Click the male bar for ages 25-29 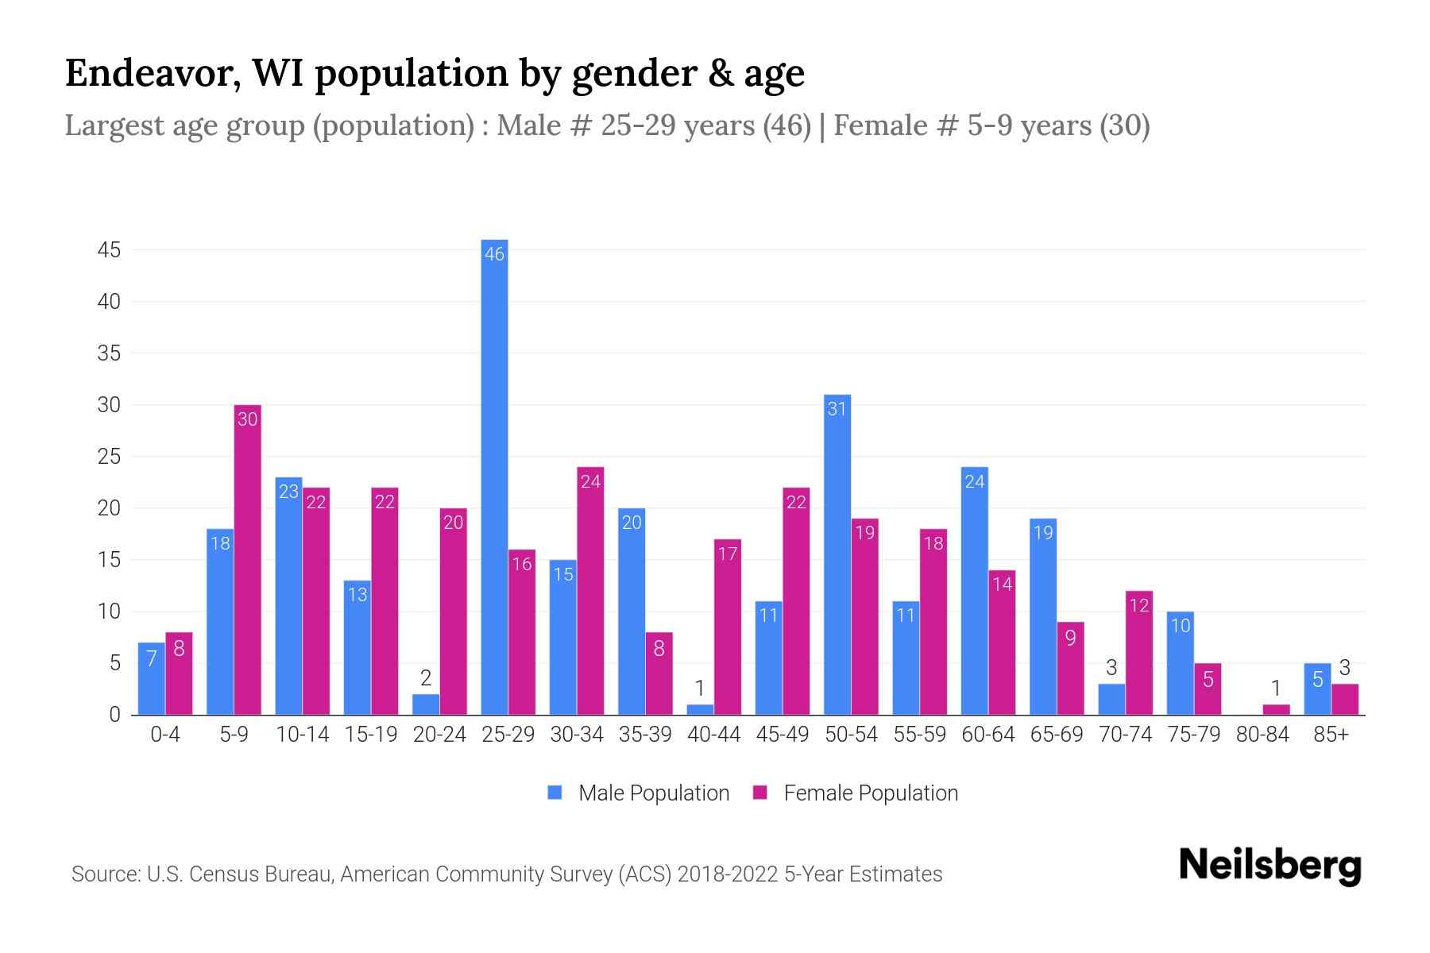click(x=494, y=476)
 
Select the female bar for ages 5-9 click(x=248, y=560)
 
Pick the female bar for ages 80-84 click(x=1276, y=709)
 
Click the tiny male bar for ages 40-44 click(x=700, y=709)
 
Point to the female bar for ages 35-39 click(x=659, y=673)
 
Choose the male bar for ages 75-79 click(x=1180, y=663)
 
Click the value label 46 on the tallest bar click(x=494, y=254)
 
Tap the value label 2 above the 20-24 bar click(x=426, y=678)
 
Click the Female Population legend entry click(x=856, y=793)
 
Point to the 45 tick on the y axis click(x=109, y=250)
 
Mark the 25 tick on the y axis click(x=109, y=457)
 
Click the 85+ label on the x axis click(x=1331, y=735)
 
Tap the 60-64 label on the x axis click(x=988, y=735)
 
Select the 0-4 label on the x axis click(x=165, y=735)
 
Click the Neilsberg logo click(x=1270, y=866)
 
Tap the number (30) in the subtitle click(x=1124, y=125)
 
